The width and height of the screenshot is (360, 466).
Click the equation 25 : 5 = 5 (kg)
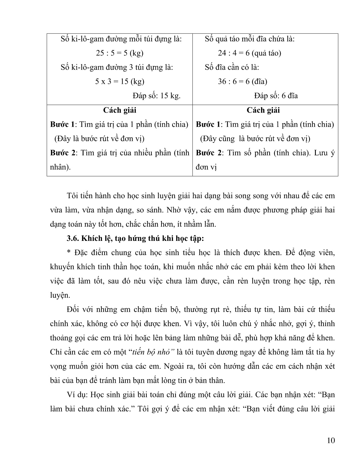tap(119, 53)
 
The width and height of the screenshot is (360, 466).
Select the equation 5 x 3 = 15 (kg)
tap(119, 81)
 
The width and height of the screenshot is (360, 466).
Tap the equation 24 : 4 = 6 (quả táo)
tap(249, 53)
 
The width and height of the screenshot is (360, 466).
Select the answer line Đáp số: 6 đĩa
tap(276, 96)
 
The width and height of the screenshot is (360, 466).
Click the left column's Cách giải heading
tap(119, 110)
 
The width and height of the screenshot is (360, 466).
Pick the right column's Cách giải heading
tap(263, 110)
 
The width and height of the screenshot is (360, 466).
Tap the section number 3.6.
tap(73, 238)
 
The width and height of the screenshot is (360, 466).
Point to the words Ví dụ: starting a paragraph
tap(77, 395)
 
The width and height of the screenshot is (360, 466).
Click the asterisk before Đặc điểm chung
tap(68, 253)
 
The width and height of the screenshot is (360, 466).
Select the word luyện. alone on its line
tap(60, 295)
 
